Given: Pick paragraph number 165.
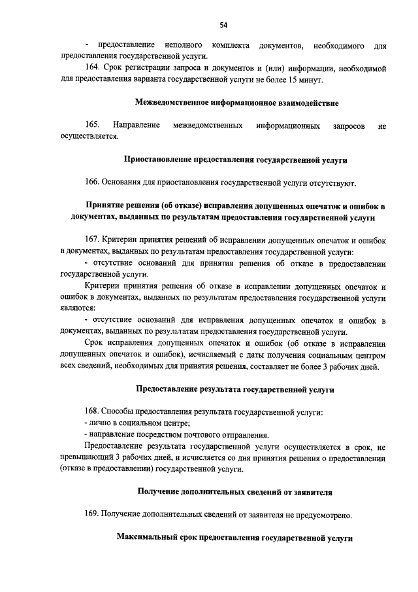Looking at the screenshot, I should (92, 125).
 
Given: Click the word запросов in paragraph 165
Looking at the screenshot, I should (345, 125).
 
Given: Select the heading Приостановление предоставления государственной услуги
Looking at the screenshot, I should (236, 159).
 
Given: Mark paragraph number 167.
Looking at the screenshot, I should (92, 239).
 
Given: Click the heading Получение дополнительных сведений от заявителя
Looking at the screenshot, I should (235, 492).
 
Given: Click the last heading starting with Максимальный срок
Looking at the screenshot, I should (234, 538).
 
